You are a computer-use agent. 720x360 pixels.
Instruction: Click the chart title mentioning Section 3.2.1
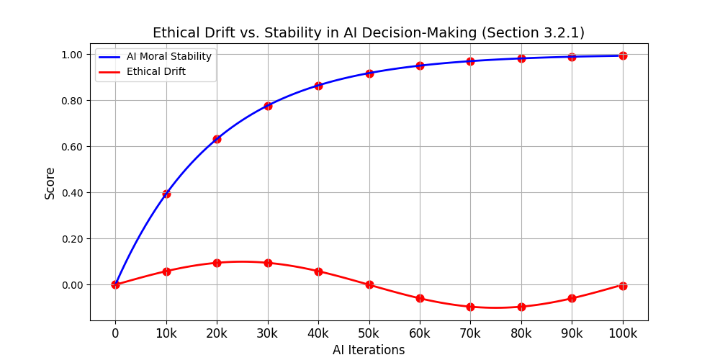[x=369, y=33]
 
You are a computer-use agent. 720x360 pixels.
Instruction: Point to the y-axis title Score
[x=50, y=183]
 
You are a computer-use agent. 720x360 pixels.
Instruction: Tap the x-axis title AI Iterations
[x=369, y=350]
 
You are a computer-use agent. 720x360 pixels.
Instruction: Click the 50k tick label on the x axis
[x=369, y=333]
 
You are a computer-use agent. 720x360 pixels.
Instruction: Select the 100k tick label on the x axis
[x=623, y=333]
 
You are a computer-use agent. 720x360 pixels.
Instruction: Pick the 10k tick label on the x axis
[x=166, y=333]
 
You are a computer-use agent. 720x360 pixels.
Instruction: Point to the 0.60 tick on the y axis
[x=72, y=147]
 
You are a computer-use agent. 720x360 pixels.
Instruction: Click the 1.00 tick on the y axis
[x=72, y=55]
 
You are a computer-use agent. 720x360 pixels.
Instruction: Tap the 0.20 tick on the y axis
[x=72, y=239]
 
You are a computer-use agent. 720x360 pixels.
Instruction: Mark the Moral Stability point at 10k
[x=166, y=194]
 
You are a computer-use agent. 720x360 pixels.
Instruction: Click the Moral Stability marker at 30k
[x=268, y=106]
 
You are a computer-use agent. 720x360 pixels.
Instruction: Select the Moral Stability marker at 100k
[x=623, y=55]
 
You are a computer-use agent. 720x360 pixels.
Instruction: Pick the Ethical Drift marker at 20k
[x=217, y=263]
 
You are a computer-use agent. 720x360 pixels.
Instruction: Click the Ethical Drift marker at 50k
[x=369, y=284]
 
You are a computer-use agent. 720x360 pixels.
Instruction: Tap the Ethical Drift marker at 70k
[x=470, y=307]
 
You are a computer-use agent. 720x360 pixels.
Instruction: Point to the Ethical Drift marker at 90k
[x=572, y=298]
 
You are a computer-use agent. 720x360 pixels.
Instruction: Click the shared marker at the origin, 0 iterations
[x=115, y=284]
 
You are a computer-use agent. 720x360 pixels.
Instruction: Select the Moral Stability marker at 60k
[x=420, y=66]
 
